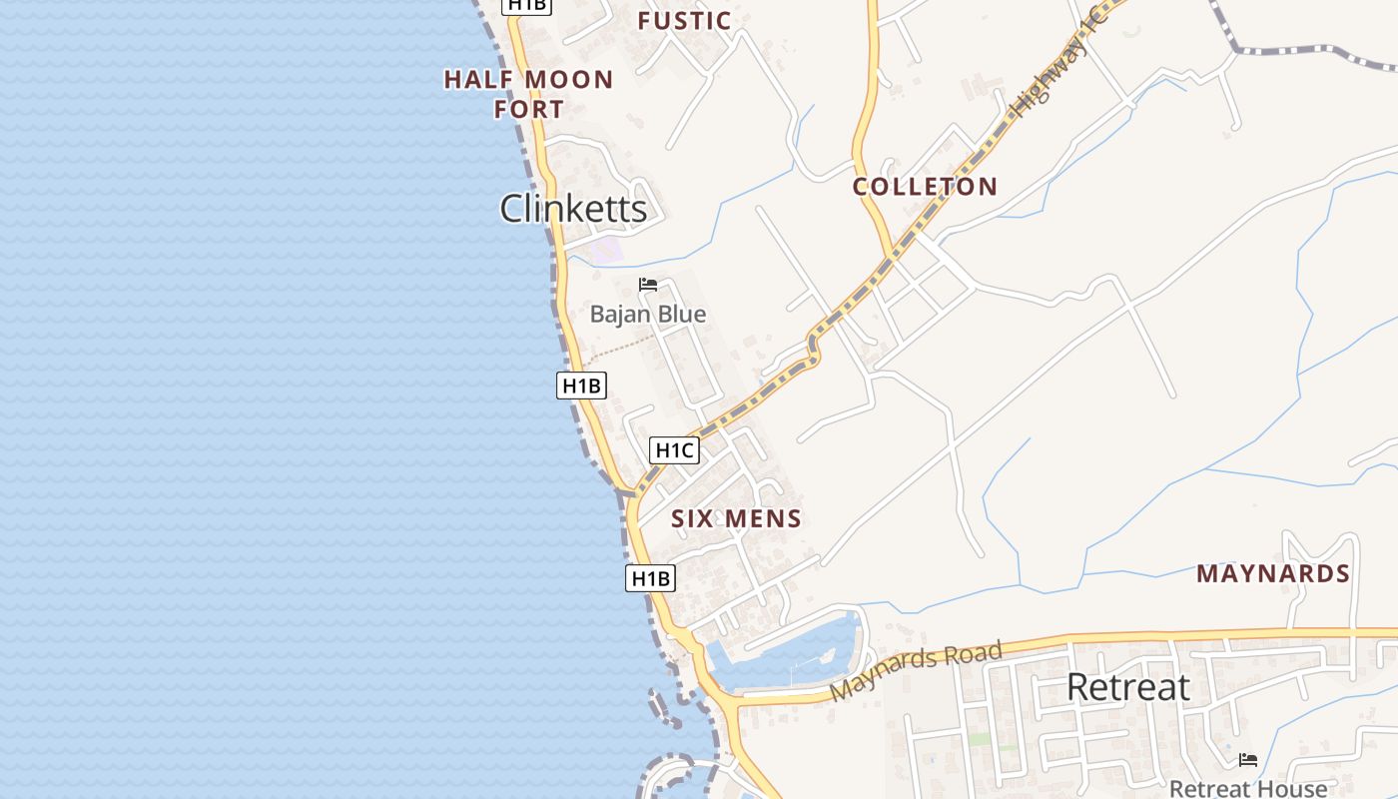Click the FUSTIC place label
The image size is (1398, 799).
pos(684,21)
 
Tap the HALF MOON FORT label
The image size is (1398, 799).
pos(528,94)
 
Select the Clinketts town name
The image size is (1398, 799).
pos(573,209)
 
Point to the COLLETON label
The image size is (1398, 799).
pos(925,187)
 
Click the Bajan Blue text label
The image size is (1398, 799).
pos(647,315)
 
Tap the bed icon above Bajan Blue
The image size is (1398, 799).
pos(648,285)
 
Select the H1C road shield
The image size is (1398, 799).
pos(674,450)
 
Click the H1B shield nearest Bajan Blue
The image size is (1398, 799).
pos(581,386)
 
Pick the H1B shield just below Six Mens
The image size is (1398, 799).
pos(650,578)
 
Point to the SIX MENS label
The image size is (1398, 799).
pos(736,518)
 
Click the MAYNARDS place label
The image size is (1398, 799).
pos(1273,574)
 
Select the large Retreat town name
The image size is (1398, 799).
pos(1128,687)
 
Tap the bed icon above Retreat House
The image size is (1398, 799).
pos(1248,760)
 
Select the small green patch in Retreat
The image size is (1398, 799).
pos(980,739)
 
